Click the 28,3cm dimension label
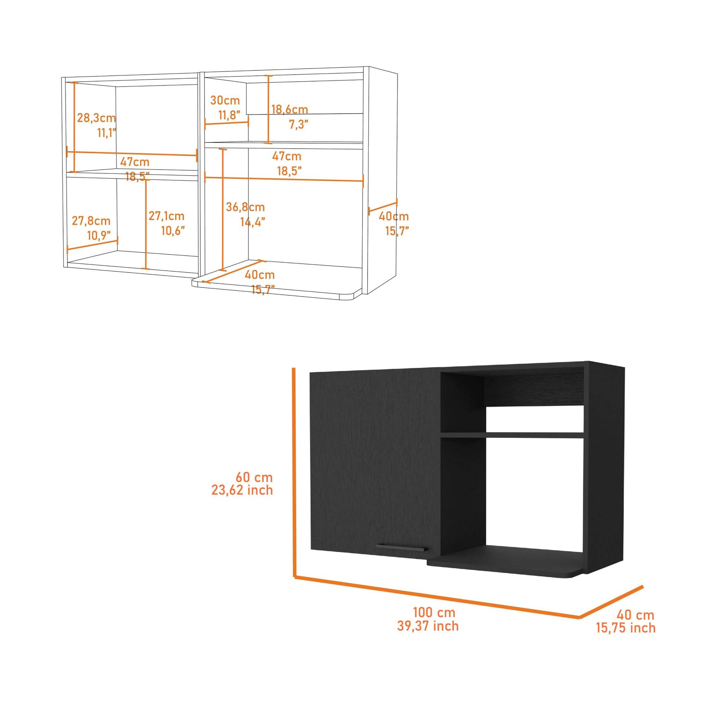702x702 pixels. (x=96, y=118)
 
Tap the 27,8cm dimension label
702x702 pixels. (x=91, y=220)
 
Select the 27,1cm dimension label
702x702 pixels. (x=166, y=216)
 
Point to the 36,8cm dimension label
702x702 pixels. (x=245, y=207)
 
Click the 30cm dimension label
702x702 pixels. (x=225, y=100)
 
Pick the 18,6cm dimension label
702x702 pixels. (x=290, y=109)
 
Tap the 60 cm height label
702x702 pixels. (x=254, y=477)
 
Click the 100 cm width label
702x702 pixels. (x=434, y=612)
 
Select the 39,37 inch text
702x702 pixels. (x=428, y=626)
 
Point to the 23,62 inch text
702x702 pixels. (x=242, y=490)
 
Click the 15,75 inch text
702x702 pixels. (x=626, y=628)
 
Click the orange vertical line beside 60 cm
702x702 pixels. (x=294, y=472)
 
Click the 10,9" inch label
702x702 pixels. (x=99, y=236)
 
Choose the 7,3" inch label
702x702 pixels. (x=298, y=124)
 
